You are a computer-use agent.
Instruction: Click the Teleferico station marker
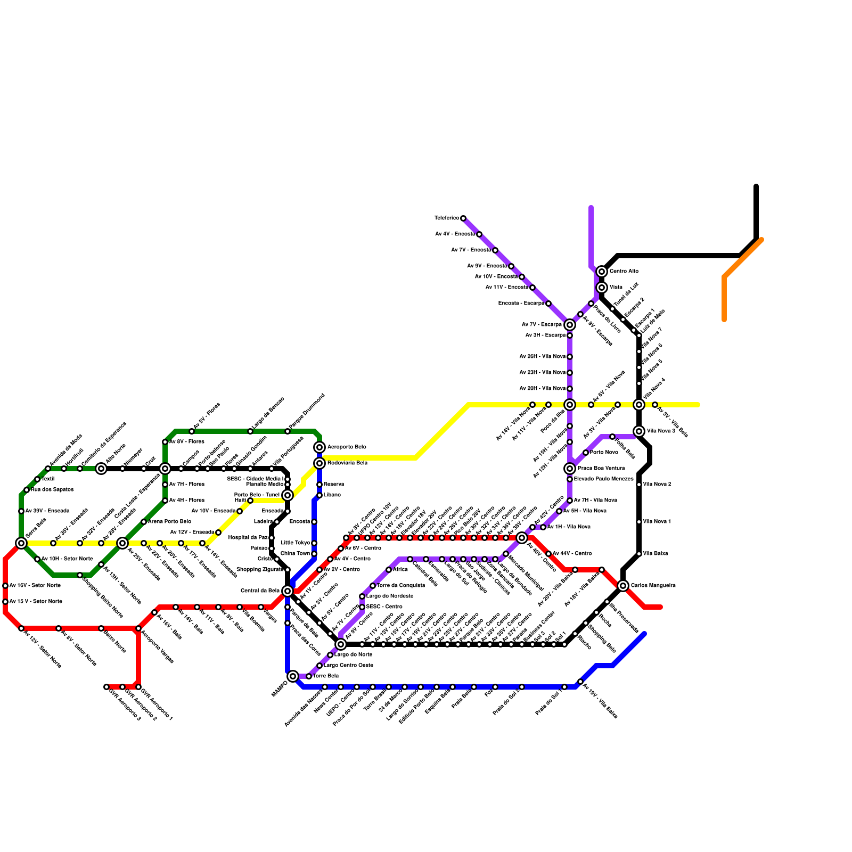pyautogui.click(x=463, y=218)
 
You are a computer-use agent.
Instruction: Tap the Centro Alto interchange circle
pyautogui.click(x=602, y=272)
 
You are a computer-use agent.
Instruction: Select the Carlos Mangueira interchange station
pyautogui.click(x=623, y=586)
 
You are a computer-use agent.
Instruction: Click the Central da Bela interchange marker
pyautogui.click(x=288, y=591)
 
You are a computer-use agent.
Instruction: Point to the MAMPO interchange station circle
pyautogui.click(x=293, y=676)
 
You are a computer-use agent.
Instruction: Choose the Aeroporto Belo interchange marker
pyautogui.click(x=319, y=447)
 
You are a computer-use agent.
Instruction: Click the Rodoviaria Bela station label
pyautogui.click(x=347, y=463)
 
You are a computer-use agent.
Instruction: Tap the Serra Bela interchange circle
pyautogui.click(x=21, y=543)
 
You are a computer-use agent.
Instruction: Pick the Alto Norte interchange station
pyautogui.click(x=101, y=469)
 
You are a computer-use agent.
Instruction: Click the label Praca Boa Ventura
pyautogui.click(x=601, y=469)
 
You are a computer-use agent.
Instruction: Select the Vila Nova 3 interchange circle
pyautogui.click(x=639, y=431)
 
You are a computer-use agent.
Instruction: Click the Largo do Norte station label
pyautogui.click(x=354, y=655)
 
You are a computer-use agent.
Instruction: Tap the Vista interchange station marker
pyautogui.click(x=602, y=288)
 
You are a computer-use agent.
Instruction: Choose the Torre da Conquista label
pyautogui.click(x=401, y=586)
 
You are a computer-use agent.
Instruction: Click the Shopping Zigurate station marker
pyautogui.click(x=288, y=570)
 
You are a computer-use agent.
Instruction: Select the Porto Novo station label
pyautogui.click(x=604, y=453)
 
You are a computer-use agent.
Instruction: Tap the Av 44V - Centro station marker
pyautogui.click(x=548, y=554)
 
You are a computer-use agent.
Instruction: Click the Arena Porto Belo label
pyautogui.click(x=169, y=522)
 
